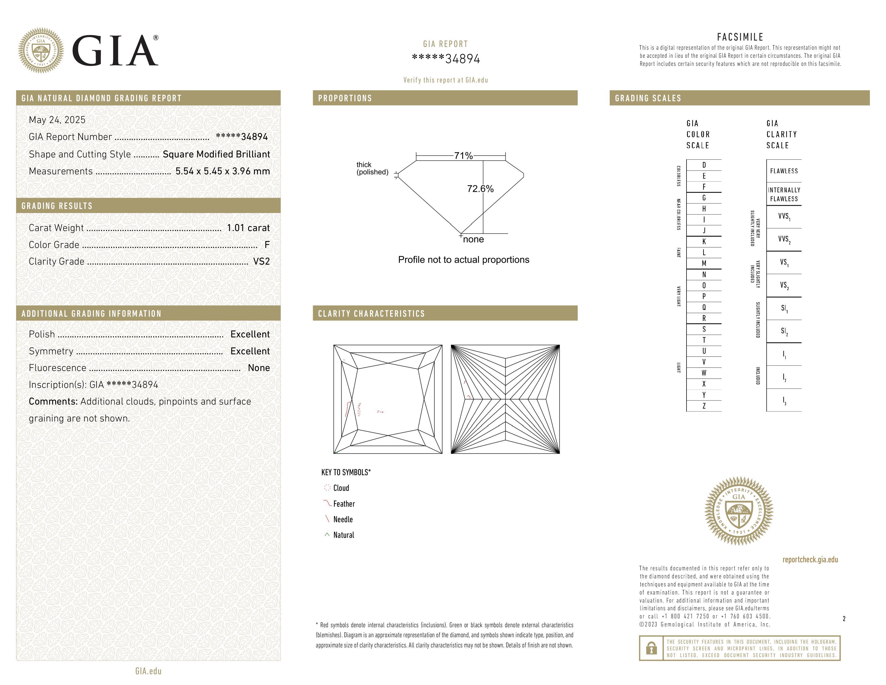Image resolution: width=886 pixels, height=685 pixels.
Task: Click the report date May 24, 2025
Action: [57, 120]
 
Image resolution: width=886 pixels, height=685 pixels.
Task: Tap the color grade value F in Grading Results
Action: [267, 245]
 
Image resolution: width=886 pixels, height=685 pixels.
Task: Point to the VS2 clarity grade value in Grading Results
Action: [261, 261]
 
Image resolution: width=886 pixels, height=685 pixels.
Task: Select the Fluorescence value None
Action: [259, 368]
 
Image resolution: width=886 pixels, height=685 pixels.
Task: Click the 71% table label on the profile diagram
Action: [463, 156]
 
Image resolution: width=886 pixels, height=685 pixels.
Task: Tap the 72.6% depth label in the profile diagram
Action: [480, 189]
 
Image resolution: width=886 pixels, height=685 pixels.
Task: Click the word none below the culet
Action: [473, 239]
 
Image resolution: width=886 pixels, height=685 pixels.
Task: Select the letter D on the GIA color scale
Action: [704, 165]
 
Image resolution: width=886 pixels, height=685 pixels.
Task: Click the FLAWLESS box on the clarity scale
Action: [784, 171]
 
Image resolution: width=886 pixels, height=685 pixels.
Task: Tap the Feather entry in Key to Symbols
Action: [344, 504]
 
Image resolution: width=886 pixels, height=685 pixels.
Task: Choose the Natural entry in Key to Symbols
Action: [343, 535]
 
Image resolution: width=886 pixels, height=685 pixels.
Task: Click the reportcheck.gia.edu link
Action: [810, 560]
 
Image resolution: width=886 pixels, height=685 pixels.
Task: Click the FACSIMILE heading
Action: [740, 37]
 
